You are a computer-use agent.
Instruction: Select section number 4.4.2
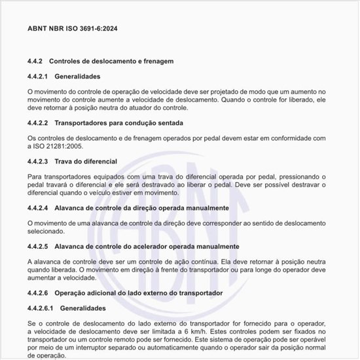point(35,62)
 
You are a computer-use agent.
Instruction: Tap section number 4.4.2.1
point(38,77)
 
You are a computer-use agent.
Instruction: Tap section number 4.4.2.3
point(38,161)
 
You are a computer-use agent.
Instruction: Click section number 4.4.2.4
point(38,207)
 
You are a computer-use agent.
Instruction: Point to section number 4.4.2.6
point(38,292)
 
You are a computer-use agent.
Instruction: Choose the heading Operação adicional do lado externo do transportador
point(139,292)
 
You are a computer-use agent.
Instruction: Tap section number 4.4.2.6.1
point(41,308)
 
